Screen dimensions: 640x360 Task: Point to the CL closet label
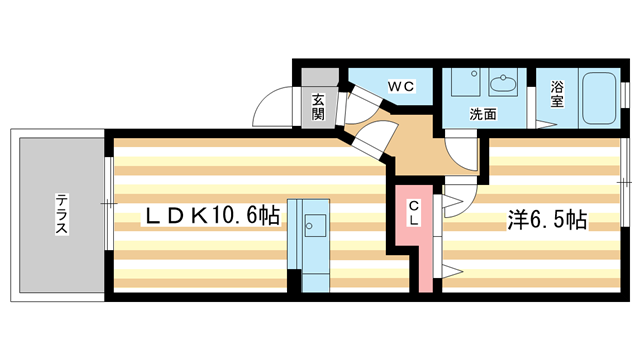click(x=413, y=214)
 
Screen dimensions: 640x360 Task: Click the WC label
click(x=401, y=87)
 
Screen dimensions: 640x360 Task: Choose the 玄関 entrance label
click(x=317, y=106)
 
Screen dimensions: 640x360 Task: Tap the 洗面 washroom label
click(x=484, y=114)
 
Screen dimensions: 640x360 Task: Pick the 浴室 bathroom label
click(x=556, y=93)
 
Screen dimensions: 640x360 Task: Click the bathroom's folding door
click(x=546, y=124)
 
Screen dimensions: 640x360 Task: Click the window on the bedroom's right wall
click(x=624, y=182)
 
